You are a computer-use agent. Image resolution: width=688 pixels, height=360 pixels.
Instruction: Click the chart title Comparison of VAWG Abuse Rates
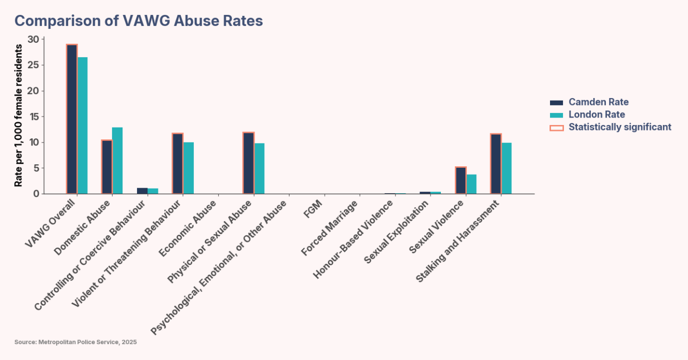click(x=138, y=21)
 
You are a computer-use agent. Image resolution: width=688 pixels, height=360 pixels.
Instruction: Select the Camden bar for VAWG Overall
click(x=72, y=119)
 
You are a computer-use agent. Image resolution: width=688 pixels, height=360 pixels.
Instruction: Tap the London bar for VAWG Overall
click(x=82, y=125)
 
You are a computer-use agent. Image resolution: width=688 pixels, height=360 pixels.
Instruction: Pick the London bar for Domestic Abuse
click(x=118, y=160)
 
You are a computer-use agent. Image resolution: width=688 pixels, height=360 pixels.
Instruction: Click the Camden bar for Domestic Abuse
click(x=107, y=167)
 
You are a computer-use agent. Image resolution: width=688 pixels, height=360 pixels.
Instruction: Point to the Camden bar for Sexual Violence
click(x=461, y=180)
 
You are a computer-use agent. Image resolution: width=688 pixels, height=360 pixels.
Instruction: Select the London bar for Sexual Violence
click(x=471, y=184)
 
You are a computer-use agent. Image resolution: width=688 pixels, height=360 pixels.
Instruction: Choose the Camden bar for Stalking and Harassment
click(x=496, y=164)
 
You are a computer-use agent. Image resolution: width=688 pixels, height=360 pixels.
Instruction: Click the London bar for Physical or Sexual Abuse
click(x=259, y=168)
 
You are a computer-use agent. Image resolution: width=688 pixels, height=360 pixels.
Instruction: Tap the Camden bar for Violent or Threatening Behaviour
click(x=178, y=163)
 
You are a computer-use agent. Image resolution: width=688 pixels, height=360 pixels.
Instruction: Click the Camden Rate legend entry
click(x=598, y=102)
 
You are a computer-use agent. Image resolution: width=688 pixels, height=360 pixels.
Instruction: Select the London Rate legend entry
click(x=596, y=115)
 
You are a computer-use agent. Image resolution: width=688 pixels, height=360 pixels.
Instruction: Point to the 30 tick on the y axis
click(x=33, y=39)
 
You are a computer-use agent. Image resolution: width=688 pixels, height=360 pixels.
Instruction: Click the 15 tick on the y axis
click(x=33, y=117)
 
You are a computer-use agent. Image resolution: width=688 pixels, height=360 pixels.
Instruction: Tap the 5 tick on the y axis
click(x=36, y=168)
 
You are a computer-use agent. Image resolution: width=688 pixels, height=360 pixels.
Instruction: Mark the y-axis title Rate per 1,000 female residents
click(x=18, y=116)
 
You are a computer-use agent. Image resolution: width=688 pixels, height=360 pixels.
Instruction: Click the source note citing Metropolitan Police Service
click(x=75, y=342)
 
